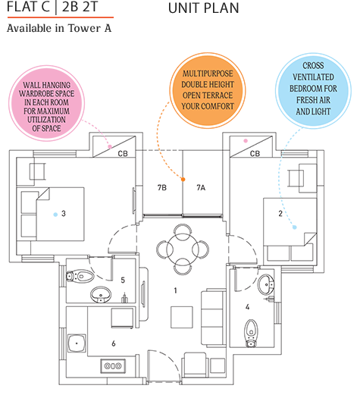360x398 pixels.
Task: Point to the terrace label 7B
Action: (x=161, y=186)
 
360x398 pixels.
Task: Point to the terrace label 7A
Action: (x=200, y=186)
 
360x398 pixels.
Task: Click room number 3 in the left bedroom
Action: (x=63, y=214)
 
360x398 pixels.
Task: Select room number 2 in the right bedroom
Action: (x=280, y=214)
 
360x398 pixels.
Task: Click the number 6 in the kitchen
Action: (x=113, y=343)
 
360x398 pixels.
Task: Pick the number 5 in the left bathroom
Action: (x=122, y=280)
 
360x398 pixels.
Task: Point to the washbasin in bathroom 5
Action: (x=99, y=294)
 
